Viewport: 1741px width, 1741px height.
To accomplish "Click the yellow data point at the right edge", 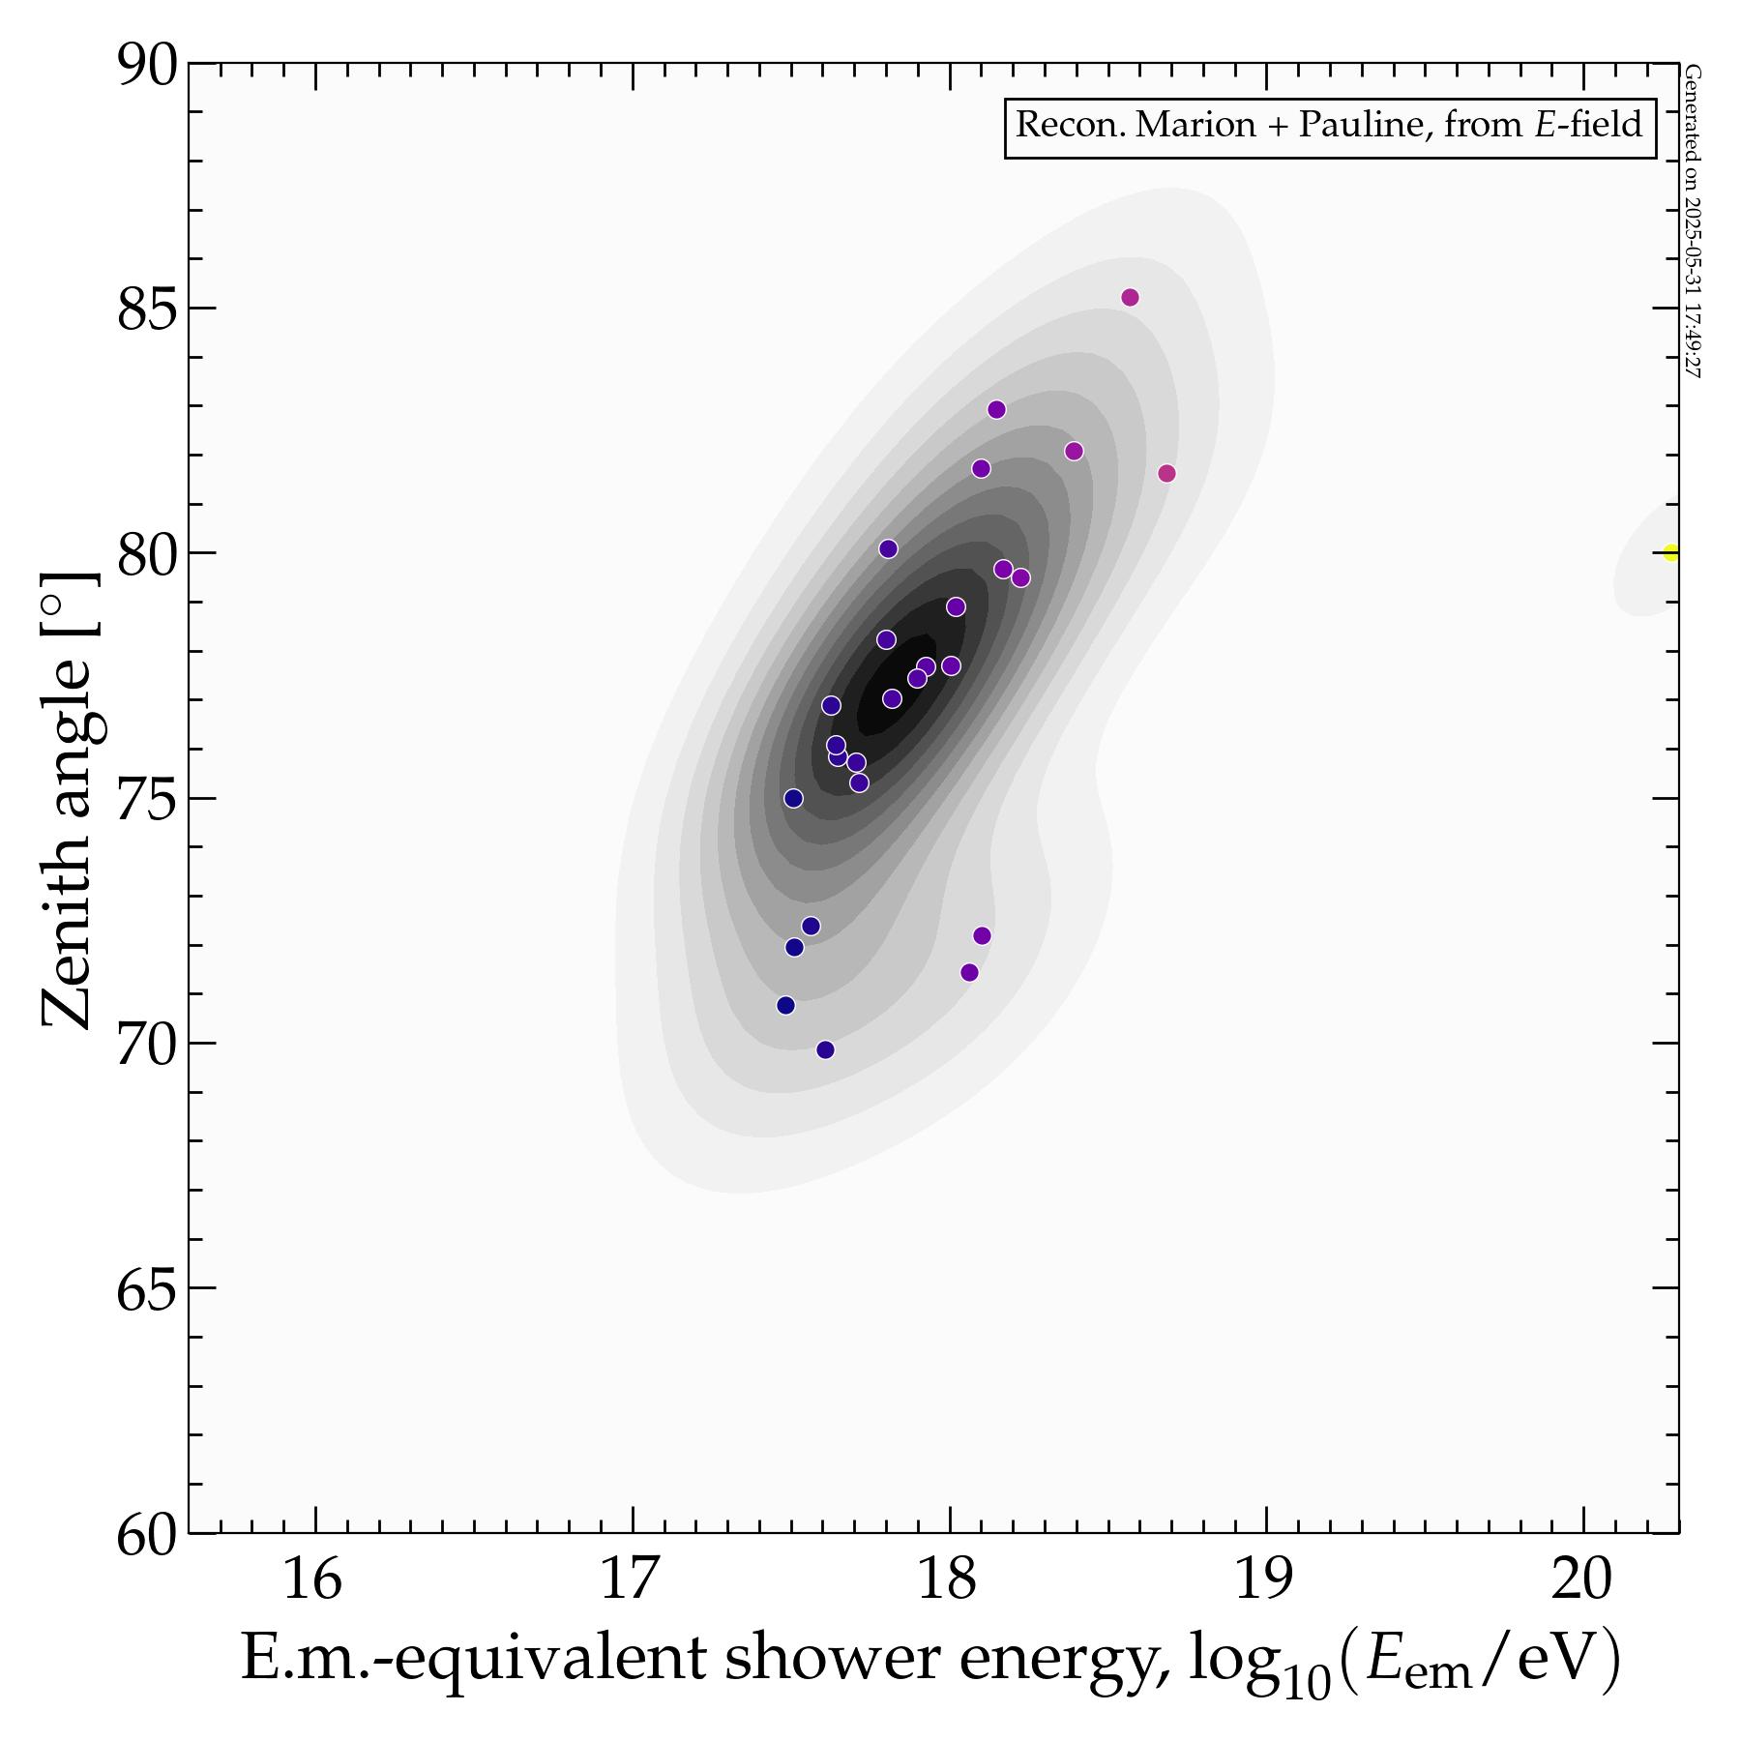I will point(1670,553).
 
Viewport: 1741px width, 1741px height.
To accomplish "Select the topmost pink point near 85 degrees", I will point(1130,297).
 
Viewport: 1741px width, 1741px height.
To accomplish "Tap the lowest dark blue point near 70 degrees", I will point(825,1049).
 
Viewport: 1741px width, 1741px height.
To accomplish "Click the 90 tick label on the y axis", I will point(148,66).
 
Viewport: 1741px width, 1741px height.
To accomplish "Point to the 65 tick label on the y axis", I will point(148,1288).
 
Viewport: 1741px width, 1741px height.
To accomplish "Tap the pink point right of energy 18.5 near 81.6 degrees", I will point(1166,473).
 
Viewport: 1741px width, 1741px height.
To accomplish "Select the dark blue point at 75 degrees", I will point(793,798).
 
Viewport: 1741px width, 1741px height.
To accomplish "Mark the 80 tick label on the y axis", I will point(148,554).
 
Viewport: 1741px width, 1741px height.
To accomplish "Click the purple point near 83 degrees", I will point(996,409).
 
